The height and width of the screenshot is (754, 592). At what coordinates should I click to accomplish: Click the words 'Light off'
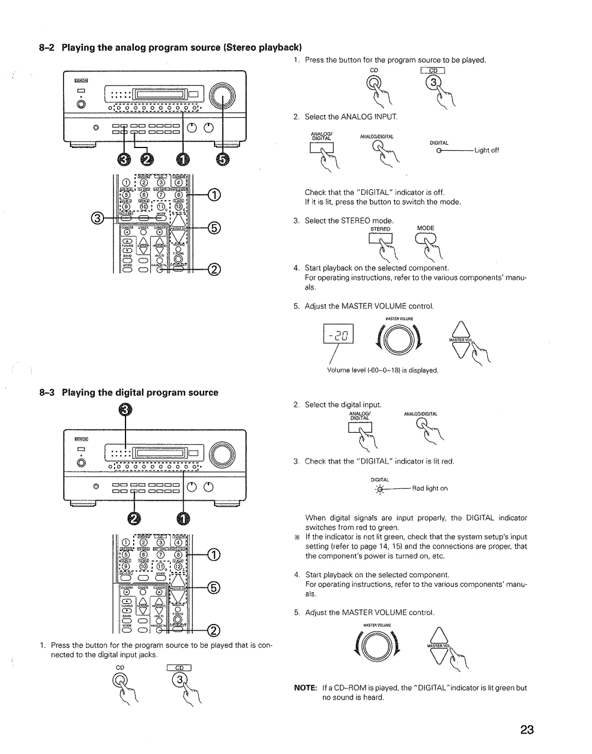(x=487, y=150)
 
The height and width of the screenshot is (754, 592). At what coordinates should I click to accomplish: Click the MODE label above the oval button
(x=425, y=228)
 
